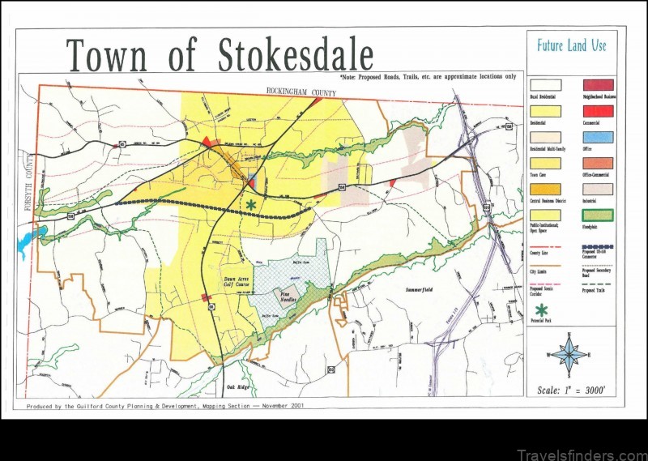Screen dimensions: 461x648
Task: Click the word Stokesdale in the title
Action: [x=296, y=55]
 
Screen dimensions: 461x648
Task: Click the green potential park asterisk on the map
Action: [x=251, y=206]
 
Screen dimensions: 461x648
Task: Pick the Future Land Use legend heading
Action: [x=571, y=45]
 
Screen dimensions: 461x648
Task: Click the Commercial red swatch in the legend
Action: [x=599, y=111]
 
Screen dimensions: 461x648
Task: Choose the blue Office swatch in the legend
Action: [x=599, y=137]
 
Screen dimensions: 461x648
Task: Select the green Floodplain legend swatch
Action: [x=599, y=216]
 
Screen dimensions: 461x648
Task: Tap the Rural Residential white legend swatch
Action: [x=545, y=84]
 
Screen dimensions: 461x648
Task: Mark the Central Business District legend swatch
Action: [x=545, y=190]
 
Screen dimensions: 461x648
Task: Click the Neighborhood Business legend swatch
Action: [x=599, y=84]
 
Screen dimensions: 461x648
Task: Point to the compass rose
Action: [x=570, y=355]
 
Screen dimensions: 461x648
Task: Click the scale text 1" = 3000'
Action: [x=571, y=391]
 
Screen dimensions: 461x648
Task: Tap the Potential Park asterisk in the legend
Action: [x=541, y=309]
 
